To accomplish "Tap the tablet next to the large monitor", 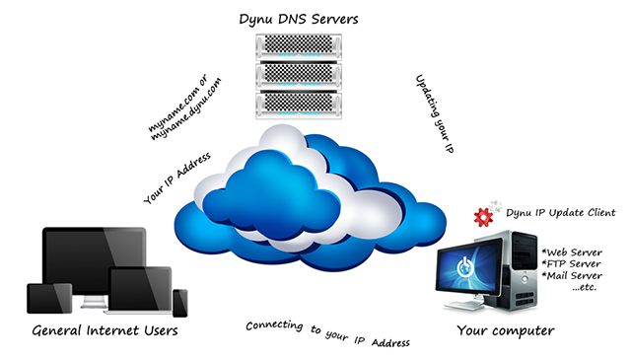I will [x=43, y=301].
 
